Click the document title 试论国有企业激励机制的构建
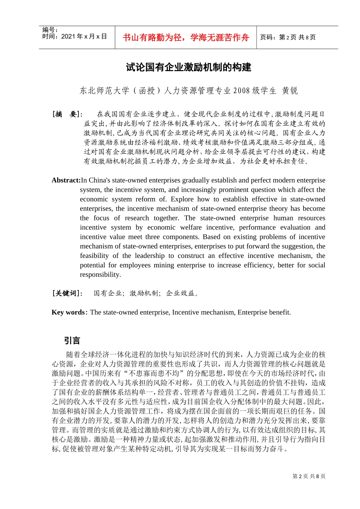pos(188,68)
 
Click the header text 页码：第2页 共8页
pos(288,37)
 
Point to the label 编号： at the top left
pos(50,30)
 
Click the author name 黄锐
pos(290,91)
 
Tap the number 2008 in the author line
pos(241,91)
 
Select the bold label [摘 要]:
pos(67,114)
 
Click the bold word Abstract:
pos(66,181)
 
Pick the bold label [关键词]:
pos(67,293)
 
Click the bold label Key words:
pos(69,312)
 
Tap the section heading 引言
pos(72,340)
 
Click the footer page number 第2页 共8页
pos(309,476)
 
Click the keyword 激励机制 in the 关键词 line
pos(144,293)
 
